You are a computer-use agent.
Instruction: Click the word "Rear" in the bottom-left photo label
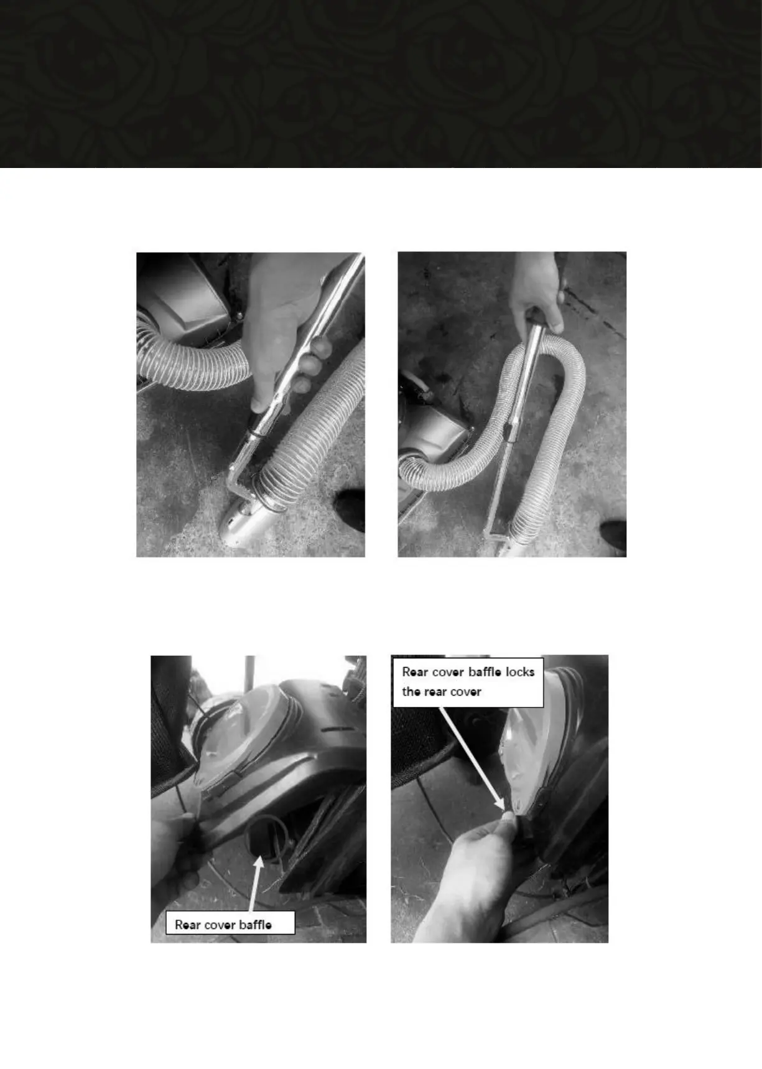(187, 925)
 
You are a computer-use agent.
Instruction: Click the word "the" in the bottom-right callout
(411, 691)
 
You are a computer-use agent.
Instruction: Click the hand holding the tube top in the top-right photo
(536, 292)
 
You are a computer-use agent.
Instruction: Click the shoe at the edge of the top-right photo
(614, 535)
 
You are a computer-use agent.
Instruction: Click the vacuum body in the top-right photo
(429, 436)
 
